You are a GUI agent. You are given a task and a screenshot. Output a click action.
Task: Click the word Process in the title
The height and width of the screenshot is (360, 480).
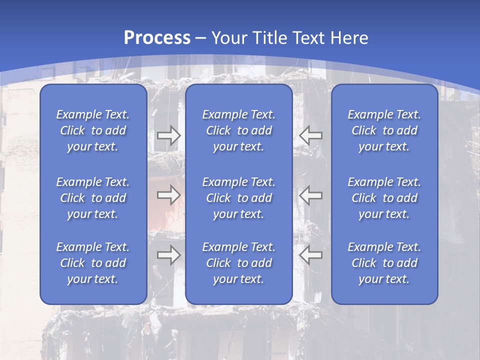coord(156,38)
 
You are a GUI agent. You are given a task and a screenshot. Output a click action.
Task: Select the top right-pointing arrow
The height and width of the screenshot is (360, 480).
coord(169,135)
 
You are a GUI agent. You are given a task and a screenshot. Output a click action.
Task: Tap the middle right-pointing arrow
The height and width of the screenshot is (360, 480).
coord(169,195)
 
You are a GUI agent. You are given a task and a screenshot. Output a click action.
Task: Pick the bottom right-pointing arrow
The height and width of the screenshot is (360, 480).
coord(169,255)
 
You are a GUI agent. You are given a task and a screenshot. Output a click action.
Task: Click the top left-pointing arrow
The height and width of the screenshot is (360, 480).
coord(310,135)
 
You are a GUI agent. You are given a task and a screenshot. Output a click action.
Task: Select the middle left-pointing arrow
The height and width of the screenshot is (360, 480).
coord(310,195)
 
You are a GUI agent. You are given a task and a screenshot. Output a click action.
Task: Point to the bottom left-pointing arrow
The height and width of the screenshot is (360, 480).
coord(310,255)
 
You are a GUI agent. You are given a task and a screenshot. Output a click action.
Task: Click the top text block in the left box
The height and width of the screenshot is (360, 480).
coord(93,130)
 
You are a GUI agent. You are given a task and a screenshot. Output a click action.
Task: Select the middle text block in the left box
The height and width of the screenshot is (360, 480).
coord(93,198)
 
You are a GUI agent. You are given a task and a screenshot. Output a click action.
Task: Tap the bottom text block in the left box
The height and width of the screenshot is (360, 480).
coord(93,263)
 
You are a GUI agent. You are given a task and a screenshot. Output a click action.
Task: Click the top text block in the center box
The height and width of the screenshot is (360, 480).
coord(239,130)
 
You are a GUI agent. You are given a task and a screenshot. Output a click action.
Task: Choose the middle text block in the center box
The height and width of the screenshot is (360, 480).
coord(239,198)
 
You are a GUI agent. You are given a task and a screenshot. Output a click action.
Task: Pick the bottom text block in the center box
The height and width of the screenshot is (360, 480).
coord(239,263)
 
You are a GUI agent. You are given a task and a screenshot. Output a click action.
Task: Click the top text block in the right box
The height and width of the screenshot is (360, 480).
coord(384,130)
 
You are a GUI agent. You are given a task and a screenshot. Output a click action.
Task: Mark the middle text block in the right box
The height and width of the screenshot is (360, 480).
coord(384,198)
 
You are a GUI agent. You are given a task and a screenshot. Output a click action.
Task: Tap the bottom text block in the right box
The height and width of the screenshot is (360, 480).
coord(384,263)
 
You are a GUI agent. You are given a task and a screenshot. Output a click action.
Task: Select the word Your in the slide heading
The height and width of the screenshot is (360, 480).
coord(228,38)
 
